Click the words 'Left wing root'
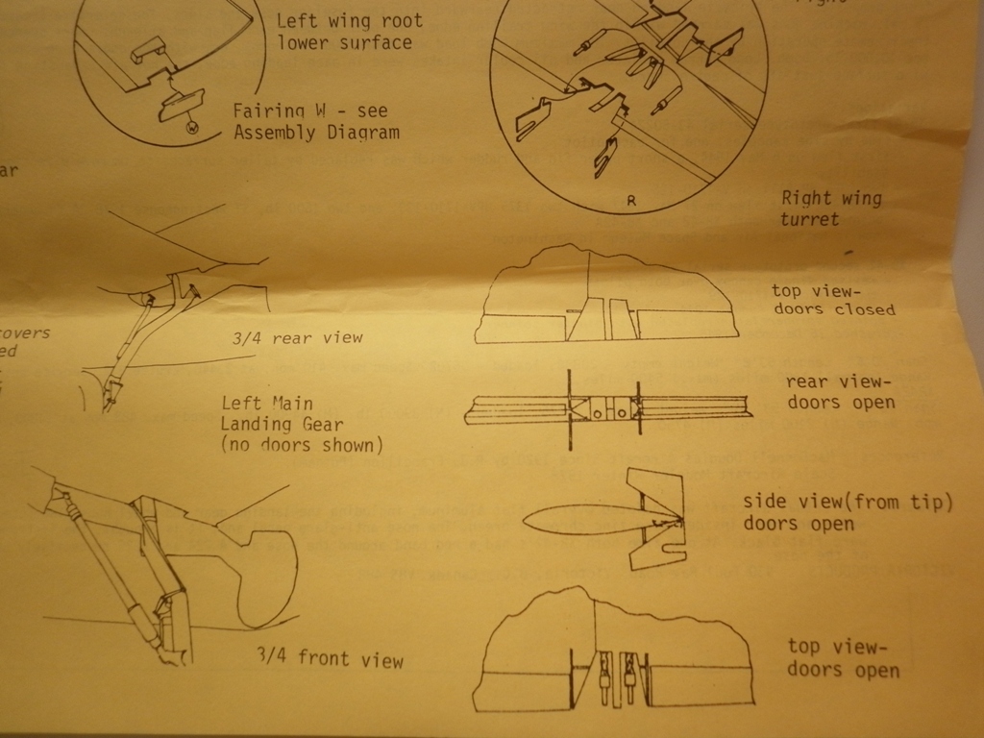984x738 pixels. (349, 20)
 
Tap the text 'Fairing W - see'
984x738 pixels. (310, 111)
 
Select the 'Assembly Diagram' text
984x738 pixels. (316, 133)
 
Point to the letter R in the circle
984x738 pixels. (631, 201)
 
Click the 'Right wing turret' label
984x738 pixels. (830, 209)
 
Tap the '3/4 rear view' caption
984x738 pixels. (298, 337)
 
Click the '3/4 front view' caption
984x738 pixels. (330, 658)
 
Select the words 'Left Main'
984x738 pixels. (266, 404)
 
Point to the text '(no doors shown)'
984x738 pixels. (301, 445)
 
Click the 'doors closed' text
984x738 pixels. (833, 309)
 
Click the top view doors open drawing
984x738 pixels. (613, 653)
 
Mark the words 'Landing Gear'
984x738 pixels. (282, 424)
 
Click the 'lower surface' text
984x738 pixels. (344, 42)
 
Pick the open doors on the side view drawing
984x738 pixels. (655, 520)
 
